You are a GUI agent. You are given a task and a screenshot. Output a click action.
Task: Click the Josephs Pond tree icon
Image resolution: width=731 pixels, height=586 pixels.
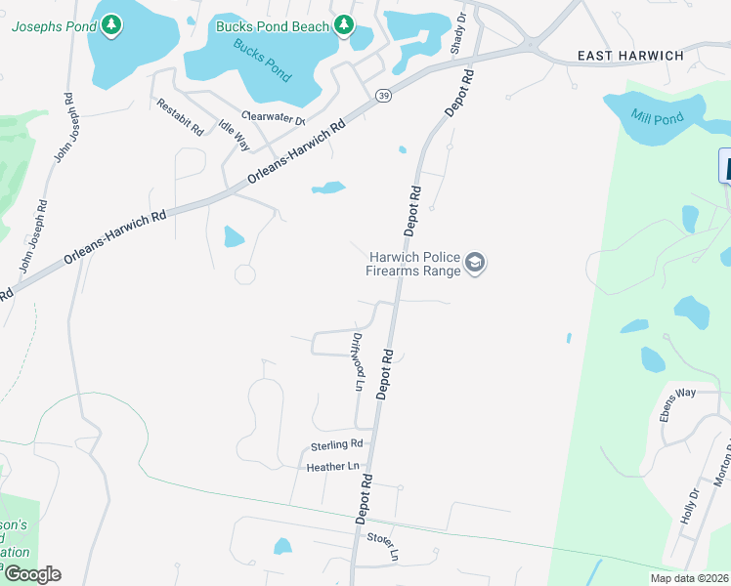coord(112,23)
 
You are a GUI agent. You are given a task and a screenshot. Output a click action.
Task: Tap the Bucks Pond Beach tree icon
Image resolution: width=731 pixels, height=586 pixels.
coord(343,24)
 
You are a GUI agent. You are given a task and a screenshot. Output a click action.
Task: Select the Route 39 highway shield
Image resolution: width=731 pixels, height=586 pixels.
coord(384,94)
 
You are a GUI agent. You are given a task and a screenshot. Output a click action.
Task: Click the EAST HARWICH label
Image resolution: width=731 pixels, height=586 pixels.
coord(630,56)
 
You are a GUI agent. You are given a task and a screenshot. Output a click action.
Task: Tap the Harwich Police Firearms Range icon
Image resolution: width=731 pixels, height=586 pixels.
coord(475,263)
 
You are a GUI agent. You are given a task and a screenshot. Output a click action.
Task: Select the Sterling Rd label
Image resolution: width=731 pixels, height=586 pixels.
coord(337,445)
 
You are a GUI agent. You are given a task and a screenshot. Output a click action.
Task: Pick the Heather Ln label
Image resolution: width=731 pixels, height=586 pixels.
coord(333,467)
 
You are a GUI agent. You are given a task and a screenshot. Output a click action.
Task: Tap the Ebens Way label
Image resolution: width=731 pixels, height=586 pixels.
coord(676,405)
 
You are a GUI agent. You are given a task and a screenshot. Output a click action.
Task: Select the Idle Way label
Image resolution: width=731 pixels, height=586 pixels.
coord(235,135)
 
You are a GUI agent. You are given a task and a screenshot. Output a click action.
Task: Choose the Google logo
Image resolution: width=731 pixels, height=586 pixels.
coord(32,574)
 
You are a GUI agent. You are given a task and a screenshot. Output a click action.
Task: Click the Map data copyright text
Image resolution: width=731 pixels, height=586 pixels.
coord(689,578)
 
